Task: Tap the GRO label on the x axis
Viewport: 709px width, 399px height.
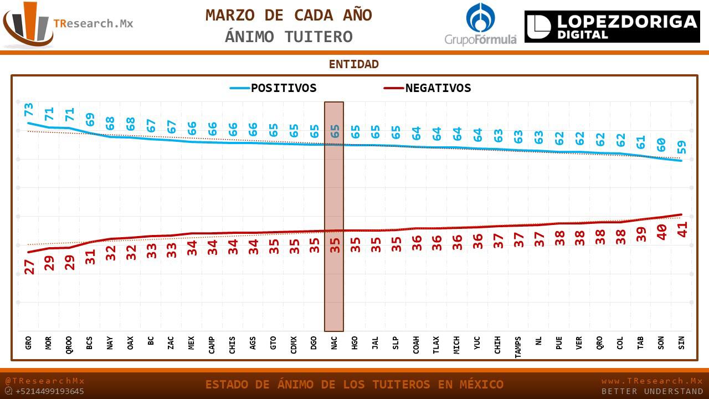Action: click(28, 342)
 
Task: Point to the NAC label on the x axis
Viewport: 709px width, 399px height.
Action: click(334, 342)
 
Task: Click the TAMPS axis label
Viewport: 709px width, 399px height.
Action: click(518, 347)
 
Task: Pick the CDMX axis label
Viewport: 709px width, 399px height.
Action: click(294, 344)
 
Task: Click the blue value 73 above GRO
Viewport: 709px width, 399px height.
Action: click(29, 109)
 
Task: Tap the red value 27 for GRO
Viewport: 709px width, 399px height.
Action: click(29, 267)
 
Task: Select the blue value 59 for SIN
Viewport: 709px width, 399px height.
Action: click(681, 147)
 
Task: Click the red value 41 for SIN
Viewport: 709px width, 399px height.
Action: click(682, 229)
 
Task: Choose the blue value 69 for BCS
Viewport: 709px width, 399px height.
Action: click(90, 119)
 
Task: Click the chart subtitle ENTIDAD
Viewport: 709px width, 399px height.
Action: click(353, 64)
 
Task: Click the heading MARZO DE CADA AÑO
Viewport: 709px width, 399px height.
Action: click(289, 16)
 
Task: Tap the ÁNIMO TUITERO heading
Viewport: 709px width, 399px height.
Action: click(289, 37)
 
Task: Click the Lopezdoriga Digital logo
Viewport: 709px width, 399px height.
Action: click(612, 27)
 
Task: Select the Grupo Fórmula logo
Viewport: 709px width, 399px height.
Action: click(480, 24)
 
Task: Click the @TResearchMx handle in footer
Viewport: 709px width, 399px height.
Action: click(45, 381)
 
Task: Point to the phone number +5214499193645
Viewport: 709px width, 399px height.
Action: click(49, 391)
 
